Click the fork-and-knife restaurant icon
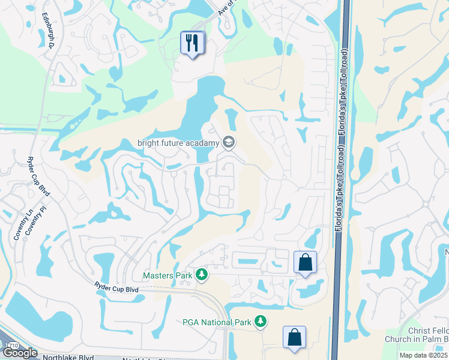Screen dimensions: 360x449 [192, 43]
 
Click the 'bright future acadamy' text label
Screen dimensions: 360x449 [178, 142]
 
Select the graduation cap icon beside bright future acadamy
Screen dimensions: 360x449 [228, 142]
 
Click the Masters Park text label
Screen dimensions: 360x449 [167, 275]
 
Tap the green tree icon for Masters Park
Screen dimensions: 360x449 [202, 275]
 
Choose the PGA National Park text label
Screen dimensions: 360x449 [216, 322]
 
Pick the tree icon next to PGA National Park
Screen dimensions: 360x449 [260, 322]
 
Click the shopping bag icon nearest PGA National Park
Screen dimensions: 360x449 [295, 337]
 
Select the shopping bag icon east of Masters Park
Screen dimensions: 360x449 [305, 262]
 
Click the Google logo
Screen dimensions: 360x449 [20, 353]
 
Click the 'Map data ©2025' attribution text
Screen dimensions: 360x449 [423, 355]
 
